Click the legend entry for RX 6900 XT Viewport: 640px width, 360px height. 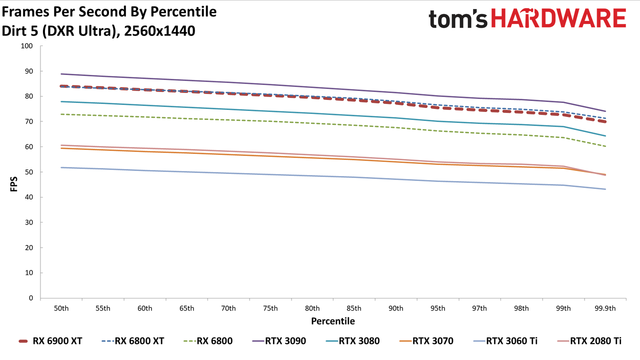pos(50,341)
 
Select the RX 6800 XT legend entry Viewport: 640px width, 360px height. pos(133,341)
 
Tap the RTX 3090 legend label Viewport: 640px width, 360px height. pos(279,341)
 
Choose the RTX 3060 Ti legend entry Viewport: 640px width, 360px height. pos(505,341)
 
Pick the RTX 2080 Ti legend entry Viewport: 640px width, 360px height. pos(589,341)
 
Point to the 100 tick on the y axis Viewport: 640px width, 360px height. pos(26,46)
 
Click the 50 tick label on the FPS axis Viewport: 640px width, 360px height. pos(29,172)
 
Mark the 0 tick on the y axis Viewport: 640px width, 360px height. pos(31,298)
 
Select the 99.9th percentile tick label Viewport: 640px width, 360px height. pos(605,308)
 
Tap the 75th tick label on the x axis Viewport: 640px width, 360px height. pos(270,308)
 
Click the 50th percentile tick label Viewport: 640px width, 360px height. pos(61,308)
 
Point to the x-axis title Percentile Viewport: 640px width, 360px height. pos(333,321)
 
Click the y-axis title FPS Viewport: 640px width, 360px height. pos(13,184)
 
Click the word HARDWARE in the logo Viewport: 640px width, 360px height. pos(558,18)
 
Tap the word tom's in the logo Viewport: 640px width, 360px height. pos(458,19)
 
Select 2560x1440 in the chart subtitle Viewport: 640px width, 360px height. pos(159,31)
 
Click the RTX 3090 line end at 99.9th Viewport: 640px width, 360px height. pos(605,111)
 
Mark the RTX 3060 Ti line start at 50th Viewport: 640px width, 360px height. pos(61,167)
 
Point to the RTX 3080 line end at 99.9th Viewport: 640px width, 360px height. pos(605,135)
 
